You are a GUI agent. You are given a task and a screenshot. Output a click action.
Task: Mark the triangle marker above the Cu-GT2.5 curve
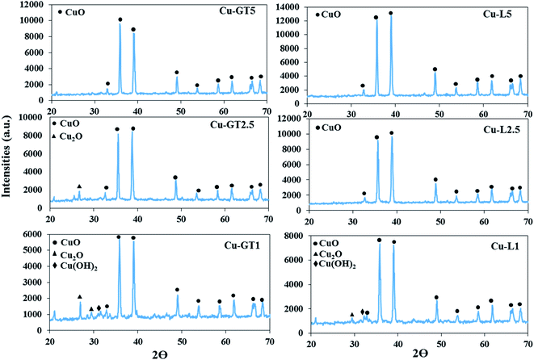tap(79, 186)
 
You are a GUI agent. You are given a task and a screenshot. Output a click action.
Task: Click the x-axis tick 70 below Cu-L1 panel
tap(527, 343)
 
